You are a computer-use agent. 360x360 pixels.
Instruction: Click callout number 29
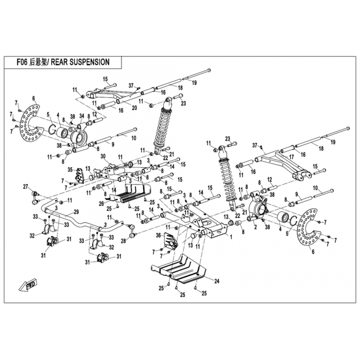tap(76, 211)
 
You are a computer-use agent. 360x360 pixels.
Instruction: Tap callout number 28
tap(123, 240)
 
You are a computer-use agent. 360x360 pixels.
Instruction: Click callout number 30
tap(103, 156)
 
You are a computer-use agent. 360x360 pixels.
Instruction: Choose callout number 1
tap(231, 236)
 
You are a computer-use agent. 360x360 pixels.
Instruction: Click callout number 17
tap(291, 157)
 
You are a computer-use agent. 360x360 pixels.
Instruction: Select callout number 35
tap(70, 170)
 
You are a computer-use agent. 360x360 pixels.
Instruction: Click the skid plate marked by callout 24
tap(180, 270)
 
